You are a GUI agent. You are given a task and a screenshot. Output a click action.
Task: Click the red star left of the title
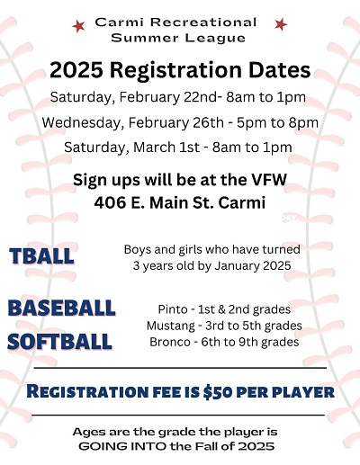78,26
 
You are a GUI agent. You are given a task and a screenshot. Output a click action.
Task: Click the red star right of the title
281,24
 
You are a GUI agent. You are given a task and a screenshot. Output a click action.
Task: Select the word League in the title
215,38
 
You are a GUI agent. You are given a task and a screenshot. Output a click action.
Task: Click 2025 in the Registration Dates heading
76,70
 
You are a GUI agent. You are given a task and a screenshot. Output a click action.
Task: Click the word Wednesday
81,123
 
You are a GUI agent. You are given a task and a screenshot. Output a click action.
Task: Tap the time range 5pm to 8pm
277,123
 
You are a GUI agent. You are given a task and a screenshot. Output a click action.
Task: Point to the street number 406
110,203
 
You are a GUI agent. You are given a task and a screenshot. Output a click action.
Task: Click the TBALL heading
41,256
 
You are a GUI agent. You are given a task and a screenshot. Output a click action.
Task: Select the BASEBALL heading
61,308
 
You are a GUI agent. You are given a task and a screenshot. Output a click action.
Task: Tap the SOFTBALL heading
59,342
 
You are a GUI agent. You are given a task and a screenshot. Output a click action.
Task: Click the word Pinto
173,309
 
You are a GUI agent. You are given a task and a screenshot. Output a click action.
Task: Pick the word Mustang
171,326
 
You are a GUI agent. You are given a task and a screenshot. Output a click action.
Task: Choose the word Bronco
170,342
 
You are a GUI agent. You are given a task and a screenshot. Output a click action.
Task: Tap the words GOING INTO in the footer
121,446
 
